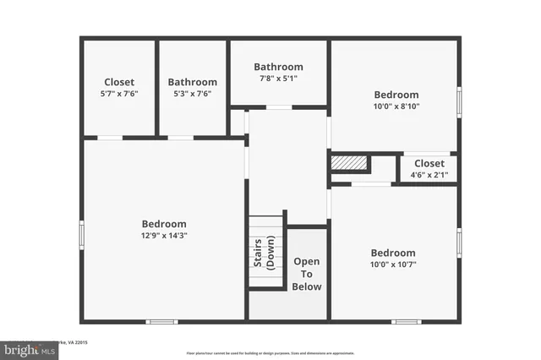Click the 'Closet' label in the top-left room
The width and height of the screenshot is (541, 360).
point(119,82)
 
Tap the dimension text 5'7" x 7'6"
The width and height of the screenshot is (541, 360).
point(119,94)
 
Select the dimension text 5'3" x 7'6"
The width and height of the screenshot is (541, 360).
point(192,94)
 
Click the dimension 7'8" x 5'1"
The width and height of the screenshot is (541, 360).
point(278,79)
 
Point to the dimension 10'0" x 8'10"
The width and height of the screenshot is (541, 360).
point(395,106)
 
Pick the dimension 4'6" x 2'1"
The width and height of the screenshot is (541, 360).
point(429,175)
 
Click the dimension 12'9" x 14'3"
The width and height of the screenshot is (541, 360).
point(164,236)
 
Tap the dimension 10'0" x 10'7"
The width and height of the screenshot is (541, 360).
point(393,265)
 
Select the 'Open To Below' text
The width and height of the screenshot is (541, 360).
point(307,274)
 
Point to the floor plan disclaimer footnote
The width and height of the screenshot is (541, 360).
point(270,352)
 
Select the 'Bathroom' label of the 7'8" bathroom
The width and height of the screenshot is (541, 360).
point(278,67)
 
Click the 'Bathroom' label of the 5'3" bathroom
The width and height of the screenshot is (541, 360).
point(192,82)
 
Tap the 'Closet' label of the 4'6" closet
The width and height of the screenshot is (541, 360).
point(429,163)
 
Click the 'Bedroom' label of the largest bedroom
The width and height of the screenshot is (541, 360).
point(164,224)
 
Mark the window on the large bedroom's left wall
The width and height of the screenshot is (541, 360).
point(82,235)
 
